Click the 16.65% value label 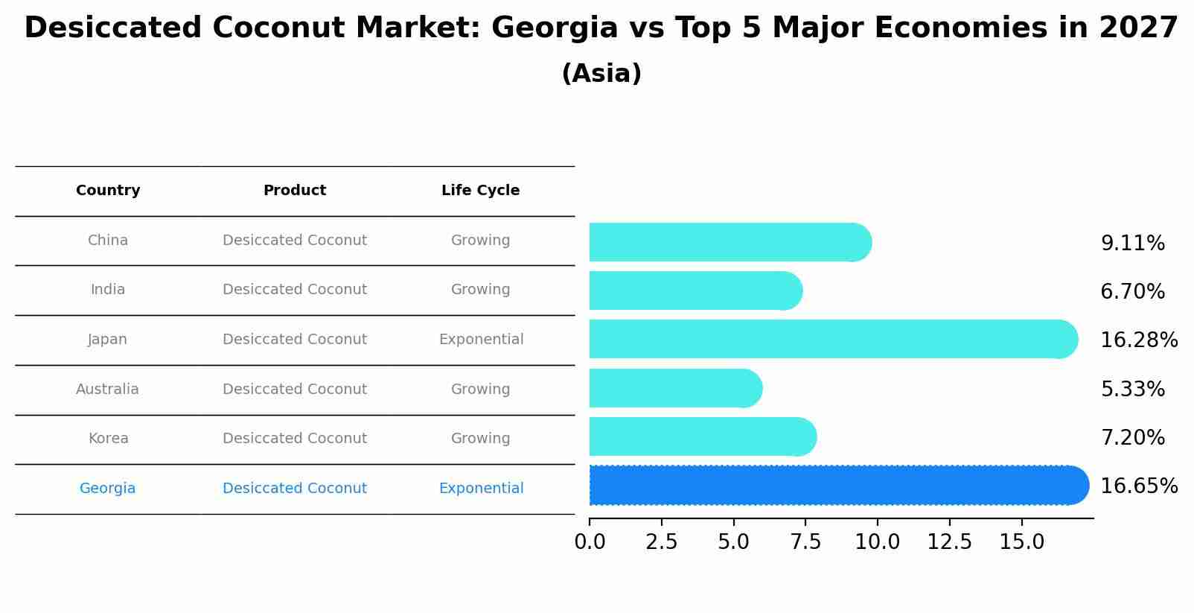click(x=1138, y=486)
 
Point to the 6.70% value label click(x=1132, y=292)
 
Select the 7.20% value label click(x=1132, y=438)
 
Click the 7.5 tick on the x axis click(x=805, y=542)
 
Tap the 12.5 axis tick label click(x=949, y=542)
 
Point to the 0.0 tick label click(x=590, y=542)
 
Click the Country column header click(x=108, y=191)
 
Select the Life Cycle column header click(x=480, y=191)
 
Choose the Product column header click(x=295, y=191)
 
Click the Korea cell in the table click(x=108, y=439)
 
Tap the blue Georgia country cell click(x=108, y=489)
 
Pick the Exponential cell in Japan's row click(x=481, y=340)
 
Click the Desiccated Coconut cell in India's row click(x=295, y=290)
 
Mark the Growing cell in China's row click(x=480, y=241)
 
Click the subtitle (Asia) click(x=601, y=74)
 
